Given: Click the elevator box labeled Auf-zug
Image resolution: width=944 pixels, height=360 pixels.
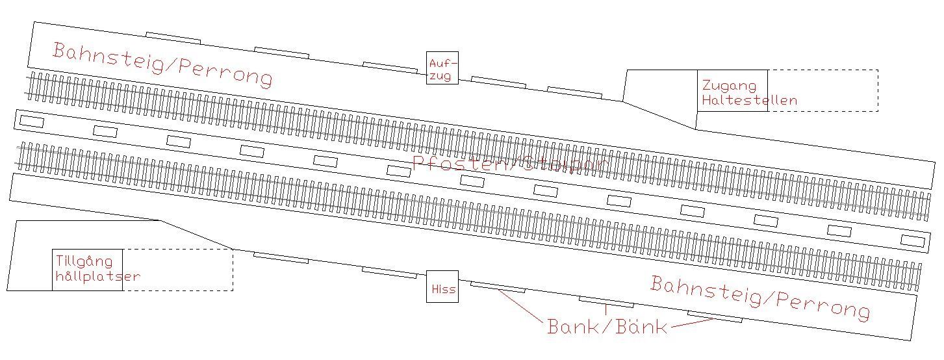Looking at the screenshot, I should coord(442,68).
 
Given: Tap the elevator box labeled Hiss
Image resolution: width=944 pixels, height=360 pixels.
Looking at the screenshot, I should coord(442,287).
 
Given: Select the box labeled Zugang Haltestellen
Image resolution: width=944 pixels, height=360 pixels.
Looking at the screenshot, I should coord(732,90).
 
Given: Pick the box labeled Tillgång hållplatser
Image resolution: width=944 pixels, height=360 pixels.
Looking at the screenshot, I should coord(87,270).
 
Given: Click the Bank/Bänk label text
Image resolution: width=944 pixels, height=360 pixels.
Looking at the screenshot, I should coord(607,326).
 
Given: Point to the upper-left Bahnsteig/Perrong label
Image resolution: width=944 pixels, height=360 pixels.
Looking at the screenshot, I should coord(162,64).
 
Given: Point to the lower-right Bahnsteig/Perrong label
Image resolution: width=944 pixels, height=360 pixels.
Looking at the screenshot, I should coord(759,297).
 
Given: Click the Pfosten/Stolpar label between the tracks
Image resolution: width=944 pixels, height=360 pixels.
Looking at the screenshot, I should coord(511,163).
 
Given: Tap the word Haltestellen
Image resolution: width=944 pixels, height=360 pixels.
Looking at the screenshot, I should coord(749,101).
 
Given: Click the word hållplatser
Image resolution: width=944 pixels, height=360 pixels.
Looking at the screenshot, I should coord(98,276).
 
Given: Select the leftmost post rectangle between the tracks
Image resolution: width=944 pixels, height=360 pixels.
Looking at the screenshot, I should coord(32,122).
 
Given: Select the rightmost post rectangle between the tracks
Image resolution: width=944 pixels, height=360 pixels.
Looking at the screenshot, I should coord(912,241).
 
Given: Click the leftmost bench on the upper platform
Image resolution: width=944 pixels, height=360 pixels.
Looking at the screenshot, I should coord(173,38).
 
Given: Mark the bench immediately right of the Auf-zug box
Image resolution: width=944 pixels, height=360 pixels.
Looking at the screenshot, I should coord(498,83).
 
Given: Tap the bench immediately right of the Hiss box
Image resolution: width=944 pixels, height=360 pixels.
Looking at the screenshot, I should coord(497,287).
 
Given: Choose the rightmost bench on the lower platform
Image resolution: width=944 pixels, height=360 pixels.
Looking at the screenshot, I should coord(715,316).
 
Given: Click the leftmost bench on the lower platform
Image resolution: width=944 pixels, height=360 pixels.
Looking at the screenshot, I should coord(281,257).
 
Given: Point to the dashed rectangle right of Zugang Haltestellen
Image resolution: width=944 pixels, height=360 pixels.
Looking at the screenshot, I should coord(823,90).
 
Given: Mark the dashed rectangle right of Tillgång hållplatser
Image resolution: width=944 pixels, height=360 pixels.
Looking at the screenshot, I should coord(177,270).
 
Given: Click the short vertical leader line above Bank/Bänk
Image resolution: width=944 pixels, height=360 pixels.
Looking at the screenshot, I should coord(606,310).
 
